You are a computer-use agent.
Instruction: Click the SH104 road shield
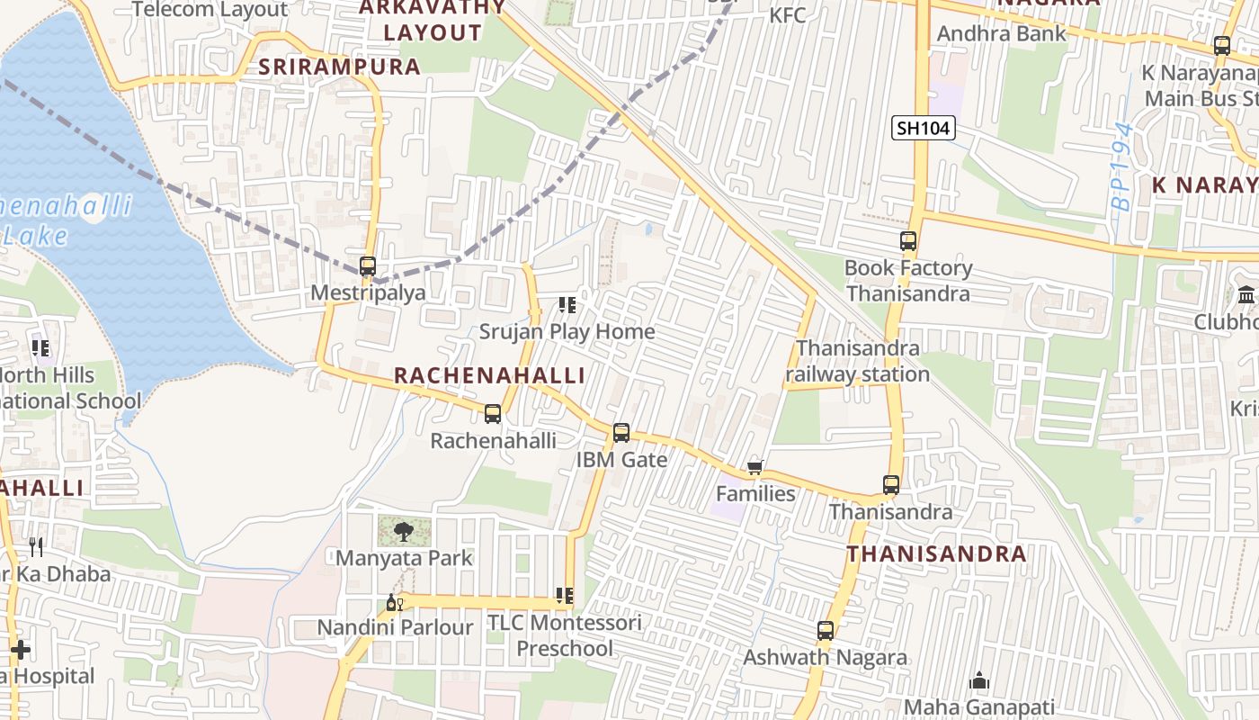point(923,129)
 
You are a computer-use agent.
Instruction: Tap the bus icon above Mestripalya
point(367,266)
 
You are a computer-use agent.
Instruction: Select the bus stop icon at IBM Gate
point(621,433)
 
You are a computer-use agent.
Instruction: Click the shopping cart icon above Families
point(755,467)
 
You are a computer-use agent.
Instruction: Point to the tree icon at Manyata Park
point(404,532)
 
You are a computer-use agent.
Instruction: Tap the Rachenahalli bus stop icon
point(493,414)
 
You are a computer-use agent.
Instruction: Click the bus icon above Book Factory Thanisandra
point(908,241)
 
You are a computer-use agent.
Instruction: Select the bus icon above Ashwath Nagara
point(826,631)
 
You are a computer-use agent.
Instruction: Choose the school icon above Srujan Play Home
point(567,305)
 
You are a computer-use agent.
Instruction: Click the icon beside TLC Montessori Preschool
point(564,596)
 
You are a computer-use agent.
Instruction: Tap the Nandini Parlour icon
point(393,602)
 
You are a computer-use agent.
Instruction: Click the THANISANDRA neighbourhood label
point(936,553)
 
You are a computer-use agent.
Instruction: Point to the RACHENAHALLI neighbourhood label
point(489,375)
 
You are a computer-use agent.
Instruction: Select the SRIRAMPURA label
point(339,67)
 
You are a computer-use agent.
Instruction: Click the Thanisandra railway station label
point(858,361)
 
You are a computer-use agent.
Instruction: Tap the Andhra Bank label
point(1001,34)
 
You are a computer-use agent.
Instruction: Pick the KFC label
point(787,15)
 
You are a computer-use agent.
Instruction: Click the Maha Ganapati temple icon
point(979,681)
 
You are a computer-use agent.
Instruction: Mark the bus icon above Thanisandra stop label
point(890,485)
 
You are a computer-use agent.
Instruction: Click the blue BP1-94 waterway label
point(1122,167)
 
